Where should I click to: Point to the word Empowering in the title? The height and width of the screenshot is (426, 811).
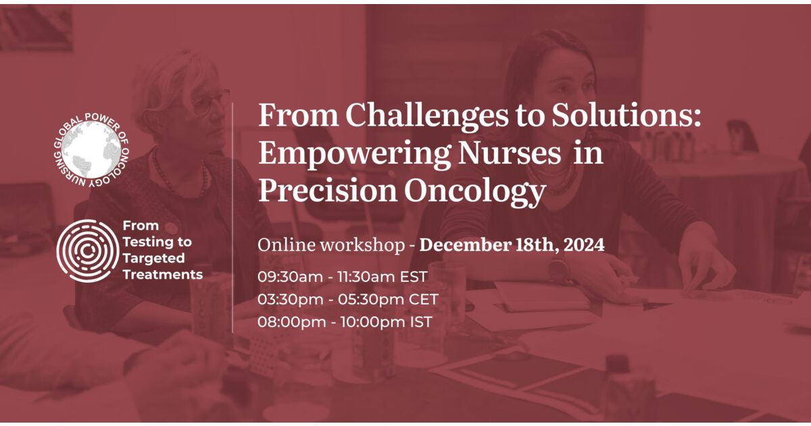pyautogui.click(x=355, y=154)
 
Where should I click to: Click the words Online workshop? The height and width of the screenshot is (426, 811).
pyautogui.click(x=330, y=245)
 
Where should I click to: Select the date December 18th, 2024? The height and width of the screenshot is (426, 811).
pyautogui.click(x=512, y=245)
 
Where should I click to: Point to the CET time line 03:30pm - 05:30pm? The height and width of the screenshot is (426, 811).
pyautogui.click(x=347, y=299)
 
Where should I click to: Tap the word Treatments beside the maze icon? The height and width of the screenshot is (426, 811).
pyautogui.click(x=162, y=275)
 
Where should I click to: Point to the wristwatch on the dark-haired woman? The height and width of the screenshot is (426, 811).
pyautogui.click(x=558, y=268)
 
